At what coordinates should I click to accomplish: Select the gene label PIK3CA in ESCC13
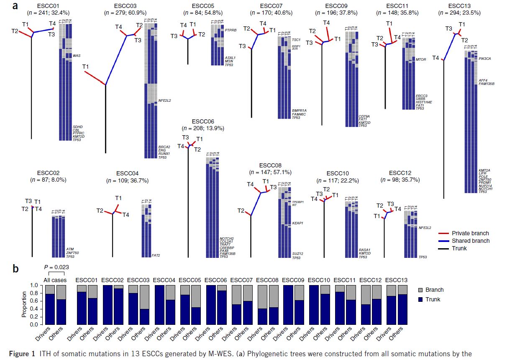pyautogui.click(x=485, y=59)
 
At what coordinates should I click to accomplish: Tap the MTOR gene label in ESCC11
pyautogui.click(x=421, y=59)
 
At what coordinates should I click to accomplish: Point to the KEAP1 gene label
pyautogui.click(x=297, y=223)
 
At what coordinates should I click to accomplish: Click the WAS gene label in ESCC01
pyautogui.click(x=77, y=55)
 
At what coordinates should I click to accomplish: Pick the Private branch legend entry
pyautogui.click(x=470, y=233)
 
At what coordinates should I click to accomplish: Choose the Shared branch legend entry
pyautogui.click(x=470, y=241)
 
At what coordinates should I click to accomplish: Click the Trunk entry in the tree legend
pyautogui.click(x=459, y=248)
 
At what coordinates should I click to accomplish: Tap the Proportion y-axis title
pyautogui.click(x=24, y=305)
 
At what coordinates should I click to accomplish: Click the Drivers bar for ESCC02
pyautogui.click(x=108, y=305)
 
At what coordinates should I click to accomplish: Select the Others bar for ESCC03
pyautogui.click(x=145, y=316)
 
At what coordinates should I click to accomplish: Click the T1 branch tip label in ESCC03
pyautogui.click(x=86, y=67)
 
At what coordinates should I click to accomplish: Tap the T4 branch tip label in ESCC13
pyautogui.click(x=435, y=58)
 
